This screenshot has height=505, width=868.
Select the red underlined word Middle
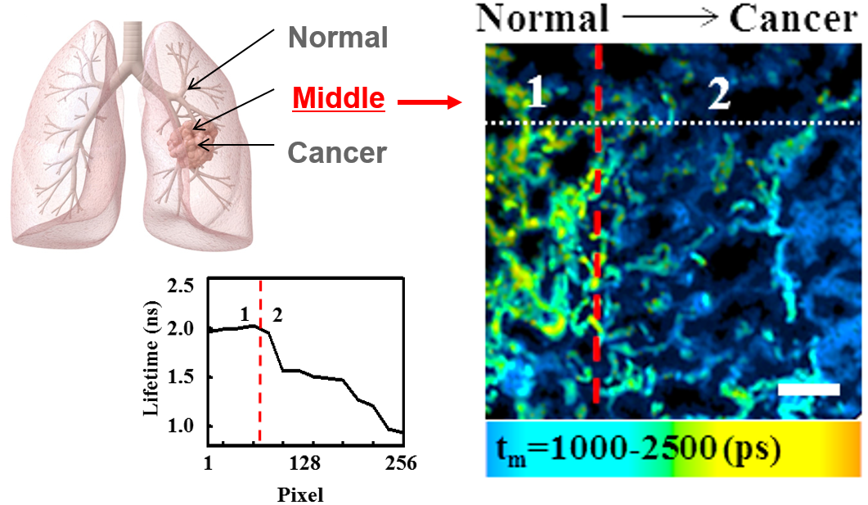[338, 99]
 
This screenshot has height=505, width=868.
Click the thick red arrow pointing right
[430, 102]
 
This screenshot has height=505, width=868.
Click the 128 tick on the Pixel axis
[304, 464]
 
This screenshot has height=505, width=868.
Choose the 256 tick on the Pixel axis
[401, 464]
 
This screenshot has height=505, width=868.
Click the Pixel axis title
[300, 494]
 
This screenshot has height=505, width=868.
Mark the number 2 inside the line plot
[277, 316]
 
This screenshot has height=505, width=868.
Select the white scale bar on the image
[808, 390]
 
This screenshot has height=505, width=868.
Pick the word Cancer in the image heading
[798, 18]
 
